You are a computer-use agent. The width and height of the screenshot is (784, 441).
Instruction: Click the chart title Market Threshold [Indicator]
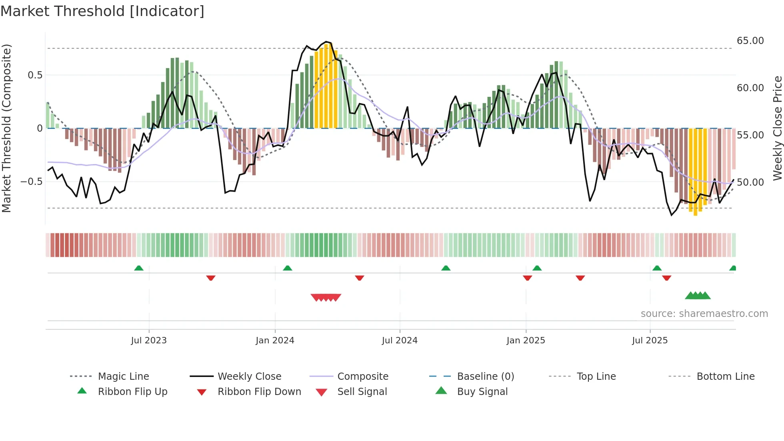102,11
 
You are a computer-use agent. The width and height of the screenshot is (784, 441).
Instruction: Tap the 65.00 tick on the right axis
750,41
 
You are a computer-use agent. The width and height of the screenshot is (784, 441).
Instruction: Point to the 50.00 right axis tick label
750,182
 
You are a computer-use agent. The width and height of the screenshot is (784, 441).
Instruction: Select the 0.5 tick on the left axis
35,75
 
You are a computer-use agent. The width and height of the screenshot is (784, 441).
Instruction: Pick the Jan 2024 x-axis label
275,341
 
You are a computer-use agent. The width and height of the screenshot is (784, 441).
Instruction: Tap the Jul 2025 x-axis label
650,341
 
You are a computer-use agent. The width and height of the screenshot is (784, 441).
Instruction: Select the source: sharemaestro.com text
704,314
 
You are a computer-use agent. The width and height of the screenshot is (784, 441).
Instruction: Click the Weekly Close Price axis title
777,128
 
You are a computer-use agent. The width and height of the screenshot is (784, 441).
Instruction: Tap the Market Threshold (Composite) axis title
6,128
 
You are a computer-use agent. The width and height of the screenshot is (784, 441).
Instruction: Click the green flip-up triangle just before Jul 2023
139,268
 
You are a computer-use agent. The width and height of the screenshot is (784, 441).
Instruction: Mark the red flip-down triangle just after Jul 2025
666,278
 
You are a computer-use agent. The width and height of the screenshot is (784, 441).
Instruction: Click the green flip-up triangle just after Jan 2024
287,268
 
